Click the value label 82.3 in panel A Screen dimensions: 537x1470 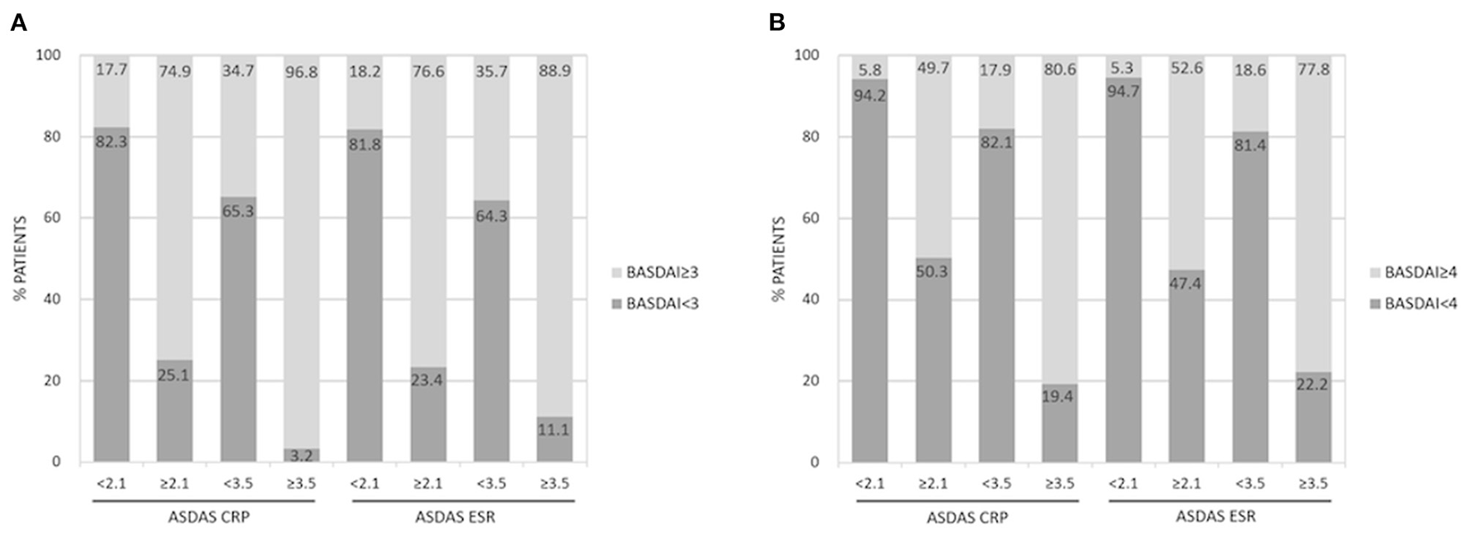click(x=111, y=140)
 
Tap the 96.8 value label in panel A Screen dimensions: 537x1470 click(x=301, y=71)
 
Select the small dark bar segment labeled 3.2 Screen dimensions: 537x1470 click(x=301, y=455)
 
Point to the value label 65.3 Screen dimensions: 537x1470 click(x=237, y=211)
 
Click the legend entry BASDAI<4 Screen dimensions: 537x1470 click(x=1419, y=304)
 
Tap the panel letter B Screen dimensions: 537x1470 click(x=776, y=23)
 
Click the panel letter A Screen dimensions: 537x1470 click(x=18, y=23)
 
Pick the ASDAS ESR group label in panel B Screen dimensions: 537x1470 click(x=1215, y=516)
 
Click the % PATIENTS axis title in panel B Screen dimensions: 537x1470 click(x=779, y=258)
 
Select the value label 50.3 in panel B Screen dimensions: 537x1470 click(x=933, y=271)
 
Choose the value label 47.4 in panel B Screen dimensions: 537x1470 click(x=1186, y=283)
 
